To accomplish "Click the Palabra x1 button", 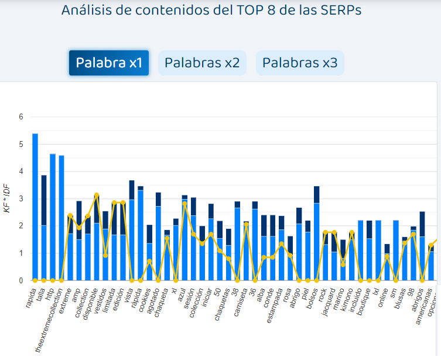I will tap(109, 63).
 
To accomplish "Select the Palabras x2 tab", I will tap(202, 63).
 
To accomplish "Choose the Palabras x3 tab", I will tap(300, 63).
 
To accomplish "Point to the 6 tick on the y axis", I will tap(20, 117).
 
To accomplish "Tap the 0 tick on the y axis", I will tap(20, 281).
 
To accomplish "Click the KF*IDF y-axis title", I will tap(8, 199).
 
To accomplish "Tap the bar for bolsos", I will tap(316, 234).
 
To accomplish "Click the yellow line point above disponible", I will tap(97, 195).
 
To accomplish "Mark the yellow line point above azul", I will tap(184, 203).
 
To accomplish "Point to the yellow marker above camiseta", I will tap(246, 225).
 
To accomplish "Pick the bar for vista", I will tap(132, 231).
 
